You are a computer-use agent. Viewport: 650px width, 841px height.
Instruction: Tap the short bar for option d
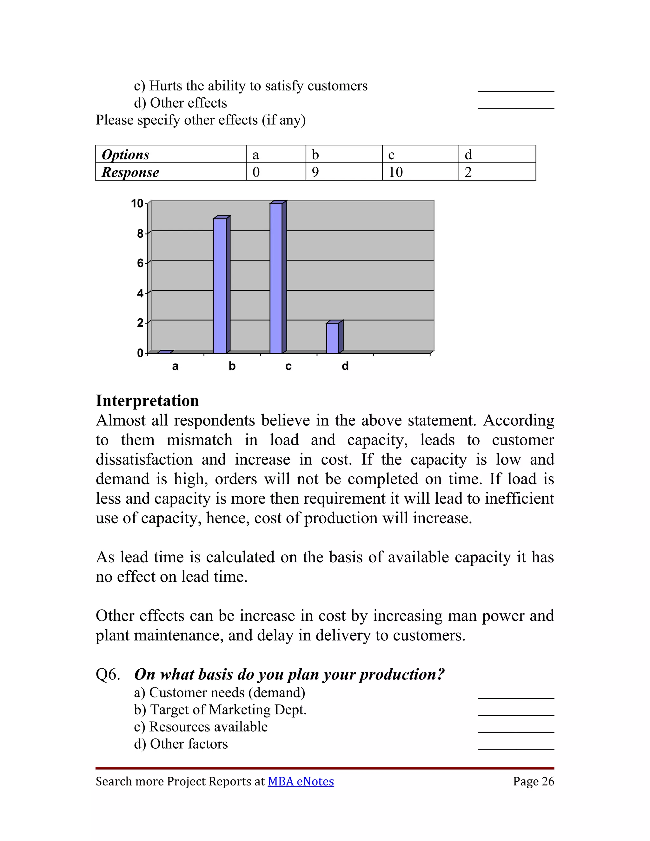click(x=333, y=338)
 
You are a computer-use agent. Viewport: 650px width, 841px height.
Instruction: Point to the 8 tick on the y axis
click(x=140, y=233)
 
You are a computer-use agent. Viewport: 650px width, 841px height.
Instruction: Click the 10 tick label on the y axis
click(x=137, y=203)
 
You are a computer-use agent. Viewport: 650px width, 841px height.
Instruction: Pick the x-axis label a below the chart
click(x=175, y=366)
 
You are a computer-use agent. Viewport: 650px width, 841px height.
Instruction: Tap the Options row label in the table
click(x=126, y=155)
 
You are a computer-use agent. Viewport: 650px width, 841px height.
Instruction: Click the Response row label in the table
click(x=130, y=172)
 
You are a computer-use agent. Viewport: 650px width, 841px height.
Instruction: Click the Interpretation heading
click(x=148, y=401)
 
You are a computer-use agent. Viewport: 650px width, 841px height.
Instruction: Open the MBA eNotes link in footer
click(x=301, y=781)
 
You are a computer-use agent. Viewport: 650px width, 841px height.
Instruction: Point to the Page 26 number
click(x=533, y=781)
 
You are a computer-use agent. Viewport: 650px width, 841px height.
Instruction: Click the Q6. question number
click(x=108, y=674)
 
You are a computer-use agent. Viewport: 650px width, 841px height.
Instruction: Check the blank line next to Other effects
click(x=516, y=108)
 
